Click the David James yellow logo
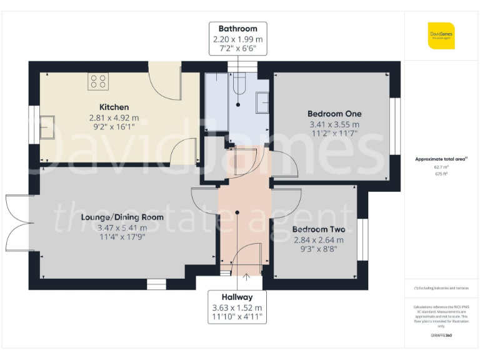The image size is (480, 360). point(441,36)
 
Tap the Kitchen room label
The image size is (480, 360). point(114,107)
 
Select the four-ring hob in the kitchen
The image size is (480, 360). point(98,81)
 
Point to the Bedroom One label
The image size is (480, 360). point(334,114)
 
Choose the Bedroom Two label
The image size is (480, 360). point(318,229)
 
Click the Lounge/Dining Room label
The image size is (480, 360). point(122,217)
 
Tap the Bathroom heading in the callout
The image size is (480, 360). point(237,29)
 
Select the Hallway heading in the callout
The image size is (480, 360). point(237,297)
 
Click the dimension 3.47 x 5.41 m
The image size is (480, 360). point(122,227)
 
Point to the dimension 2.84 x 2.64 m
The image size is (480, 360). point(318,239)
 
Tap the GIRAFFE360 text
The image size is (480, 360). point(441,336)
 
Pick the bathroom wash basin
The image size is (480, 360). point(262,99)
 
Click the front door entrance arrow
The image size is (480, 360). point(244,277)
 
